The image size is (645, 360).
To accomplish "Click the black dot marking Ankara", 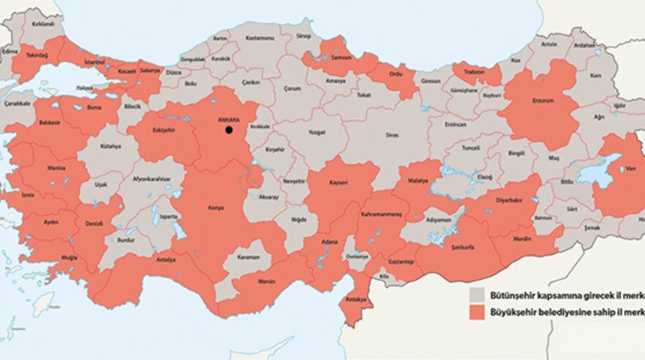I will coord(228,130).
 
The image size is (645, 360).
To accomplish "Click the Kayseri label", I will coord(340,182).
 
